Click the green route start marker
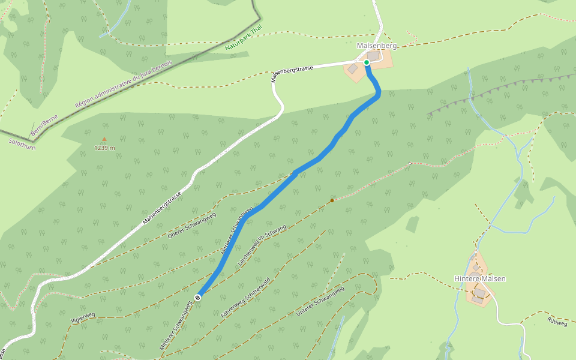click(367, 62)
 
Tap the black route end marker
click(197, 297)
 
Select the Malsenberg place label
click(377, 46)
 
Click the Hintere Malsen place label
click(479, 278)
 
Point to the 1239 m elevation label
click(104, 148)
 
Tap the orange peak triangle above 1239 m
click(104, 139)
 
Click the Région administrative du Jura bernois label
click(123, 84)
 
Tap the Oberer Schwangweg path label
click(192, 226)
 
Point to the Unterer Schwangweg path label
click(320, 302)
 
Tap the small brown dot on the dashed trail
click(332, 200)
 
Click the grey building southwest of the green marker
click(353, 70)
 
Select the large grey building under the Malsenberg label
click(373, 56)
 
